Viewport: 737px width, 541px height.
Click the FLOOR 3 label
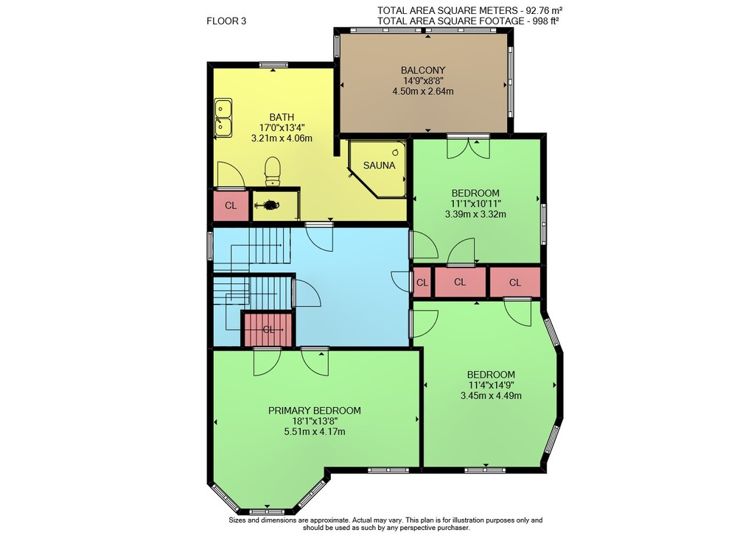click(x=226, y=21)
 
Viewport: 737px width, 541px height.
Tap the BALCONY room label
click(x=423, y=71)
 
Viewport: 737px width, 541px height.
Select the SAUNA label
click(x=380, y=166)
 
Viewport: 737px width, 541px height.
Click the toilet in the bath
click(x=273, y=172)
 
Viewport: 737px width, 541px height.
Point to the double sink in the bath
click(x=223, y=118)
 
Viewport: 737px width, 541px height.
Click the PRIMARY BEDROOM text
click(x=315, y=411)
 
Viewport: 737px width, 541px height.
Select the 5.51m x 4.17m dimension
click(x=315, y=431)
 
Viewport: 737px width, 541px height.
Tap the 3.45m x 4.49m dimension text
click(x=491, y=395)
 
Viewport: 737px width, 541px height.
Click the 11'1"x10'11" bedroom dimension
click(x=475, y=204)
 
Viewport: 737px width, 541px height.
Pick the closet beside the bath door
click(x=231, y=205)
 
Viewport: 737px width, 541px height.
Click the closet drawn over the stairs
click(x=268, y=329)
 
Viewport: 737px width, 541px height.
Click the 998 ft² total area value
click(x=545, y=21)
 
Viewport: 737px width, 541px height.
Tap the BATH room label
click(x=282, y=118)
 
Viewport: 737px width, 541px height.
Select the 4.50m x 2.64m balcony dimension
click(x=423, y=91)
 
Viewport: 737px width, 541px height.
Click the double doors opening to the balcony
click(x=468, y=146)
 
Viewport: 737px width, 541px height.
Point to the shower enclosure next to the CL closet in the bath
click(x=276, y=205)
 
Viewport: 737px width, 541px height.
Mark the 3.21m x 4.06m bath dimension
click(x=282, y=138)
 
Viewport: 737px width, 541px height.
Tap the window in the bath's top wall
click(x=273, y=66)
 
